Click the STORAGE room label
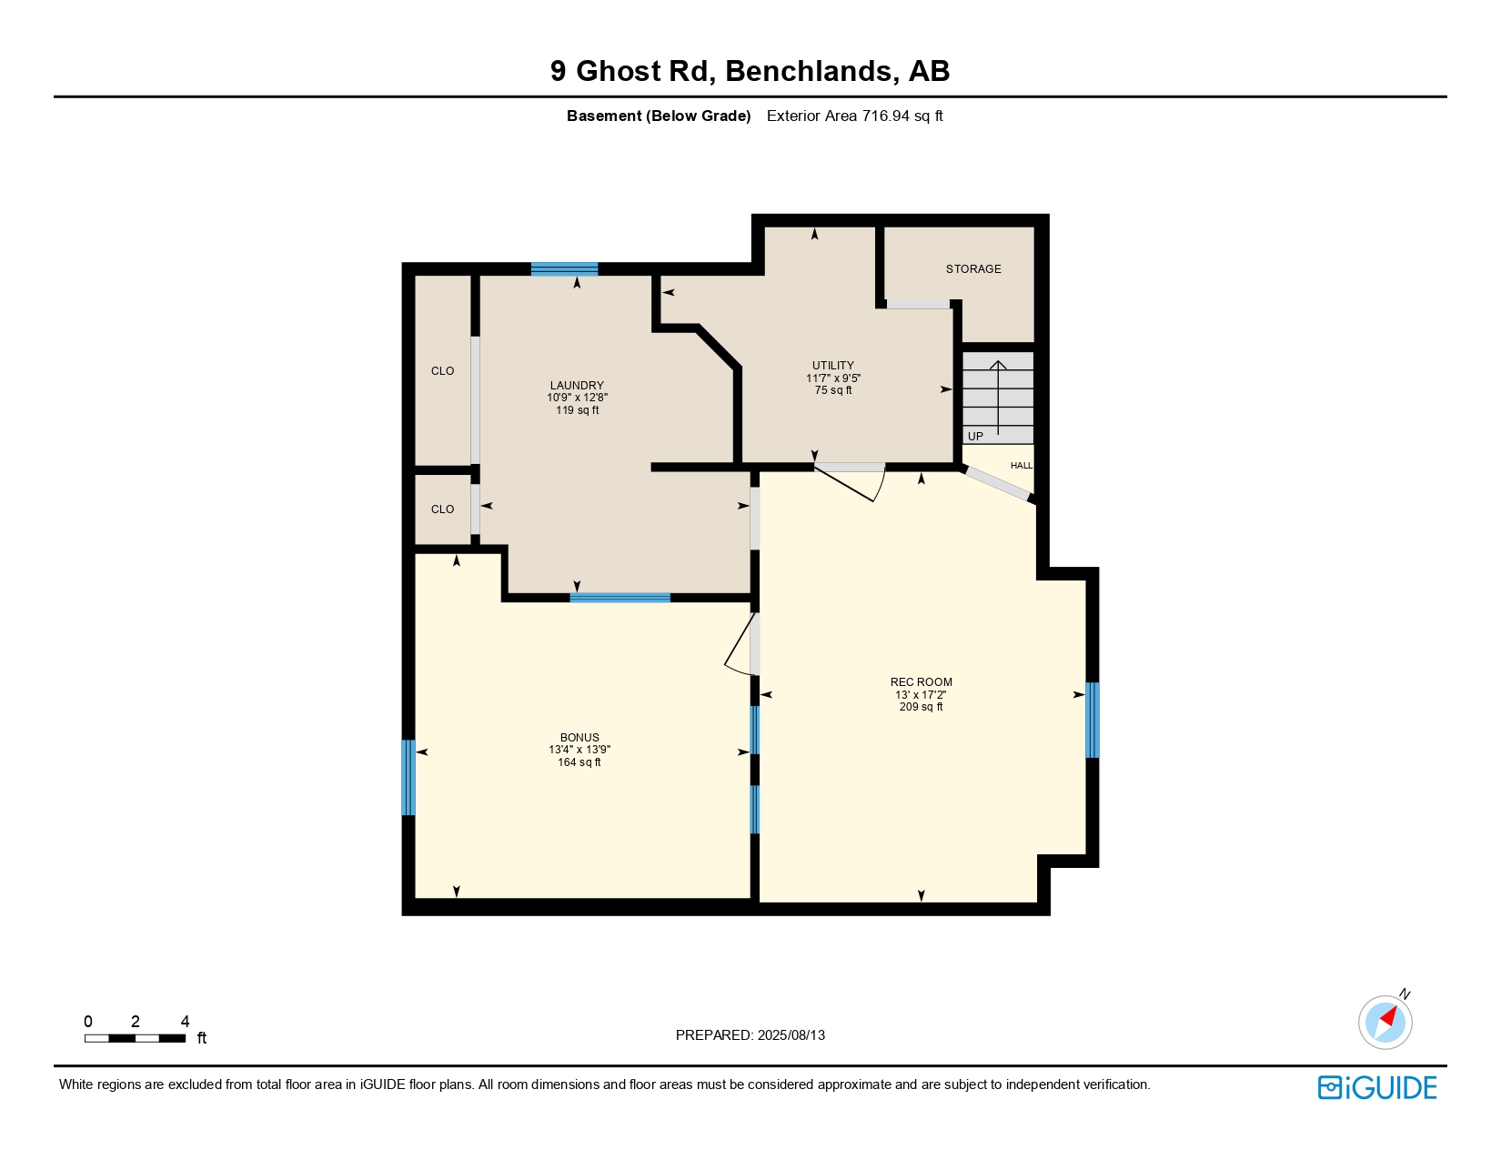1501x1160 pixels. pos(972,268)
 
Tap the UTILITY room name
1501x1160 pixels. pos(833,365)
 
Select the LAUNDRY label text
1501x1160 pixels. pos(577,385)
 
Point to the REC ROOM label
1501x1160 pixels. pos(921,682)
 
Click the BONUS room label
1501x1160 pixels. pos(579,737)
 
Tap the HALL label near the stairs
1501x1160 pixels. pos(1021,465)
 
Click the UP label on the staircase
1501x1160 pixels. pos(975,436)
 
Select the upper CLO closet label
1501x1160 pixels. pos(442,371)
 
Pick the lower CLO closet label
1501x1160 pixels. pos(442,509)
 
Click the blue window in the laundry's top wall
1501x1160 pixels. pos(564,268)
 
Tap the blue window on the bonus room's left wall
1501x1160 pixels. pos(408,777)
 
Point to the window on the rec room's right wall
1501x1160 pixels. pos(1092,720)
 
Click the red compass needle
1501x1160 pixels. pos(1388,1016)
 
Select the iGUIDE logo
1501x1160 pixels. pos(1376,1087)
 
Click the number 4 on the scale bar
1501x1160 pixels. pos(185,1021)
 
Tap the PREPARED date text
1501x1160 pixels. pos(750,1035)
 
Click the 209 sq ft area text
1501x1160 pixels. pos(921,707)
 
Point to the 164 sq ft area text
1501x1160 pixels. pos(579,762)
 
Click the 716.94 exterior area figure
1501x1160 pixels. pos(885,116)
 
